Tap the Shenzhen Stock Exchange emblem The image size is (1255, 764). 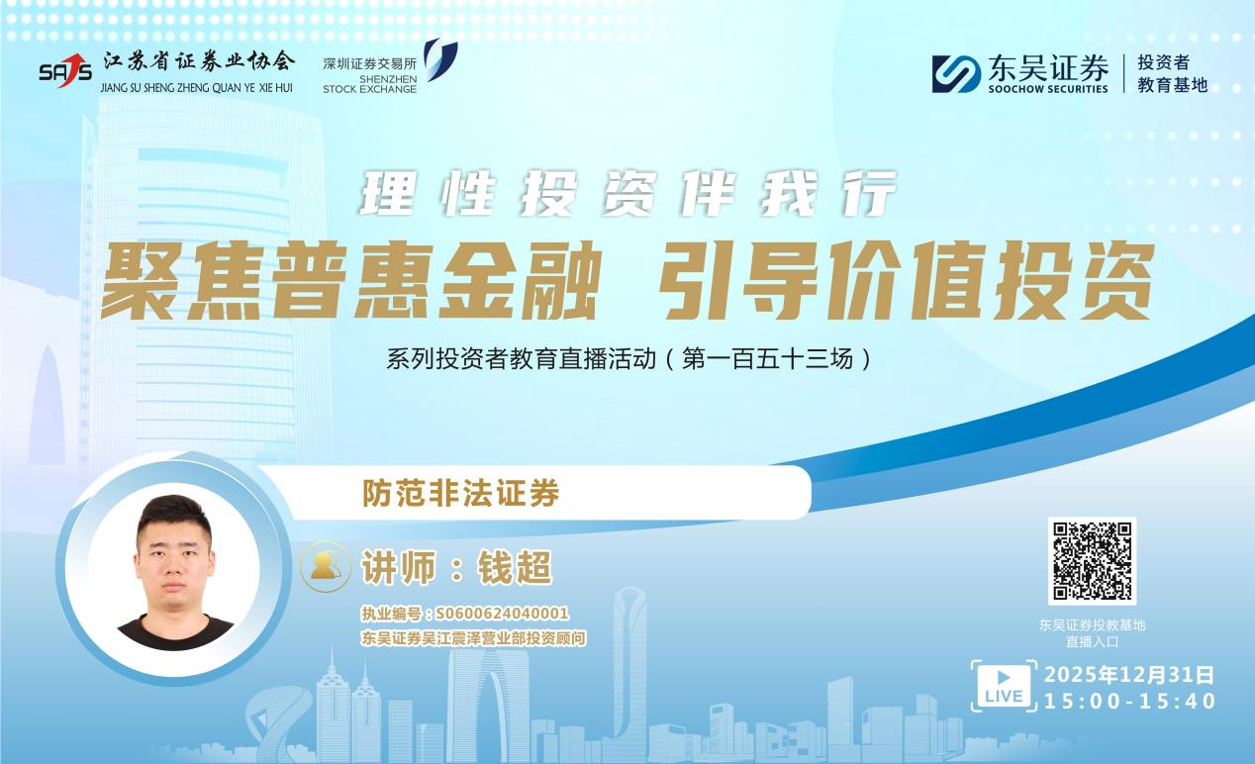439,59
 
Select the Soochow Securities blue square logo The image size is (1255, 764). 956,73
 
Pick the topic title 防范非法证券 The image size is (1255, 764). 460,492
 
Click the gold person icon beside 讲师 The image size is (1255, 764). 326,567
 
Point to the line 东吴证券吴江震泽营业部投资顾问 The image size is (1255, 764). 474,639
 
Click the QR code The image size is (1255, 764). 1092,560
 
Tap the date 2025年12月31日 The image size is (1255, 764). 1129,676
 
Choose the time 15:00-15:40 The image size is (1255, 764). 1129,702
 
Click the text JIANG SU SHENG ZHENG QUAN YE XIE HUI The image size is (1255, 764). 197,87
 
